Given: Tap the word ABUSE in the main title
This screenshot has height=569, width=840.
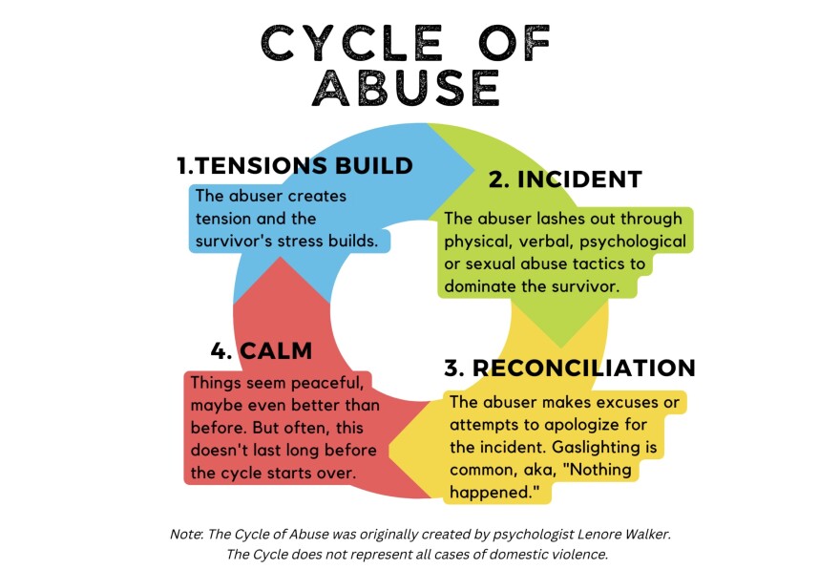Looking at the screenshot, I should tap(407, 89).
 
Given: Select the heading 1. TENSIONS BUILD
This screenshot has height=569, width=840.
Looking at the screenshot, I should tap(295, 165).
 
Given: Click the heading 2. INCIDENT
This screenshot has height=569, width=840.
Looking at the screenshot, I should tap(565, 179).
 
